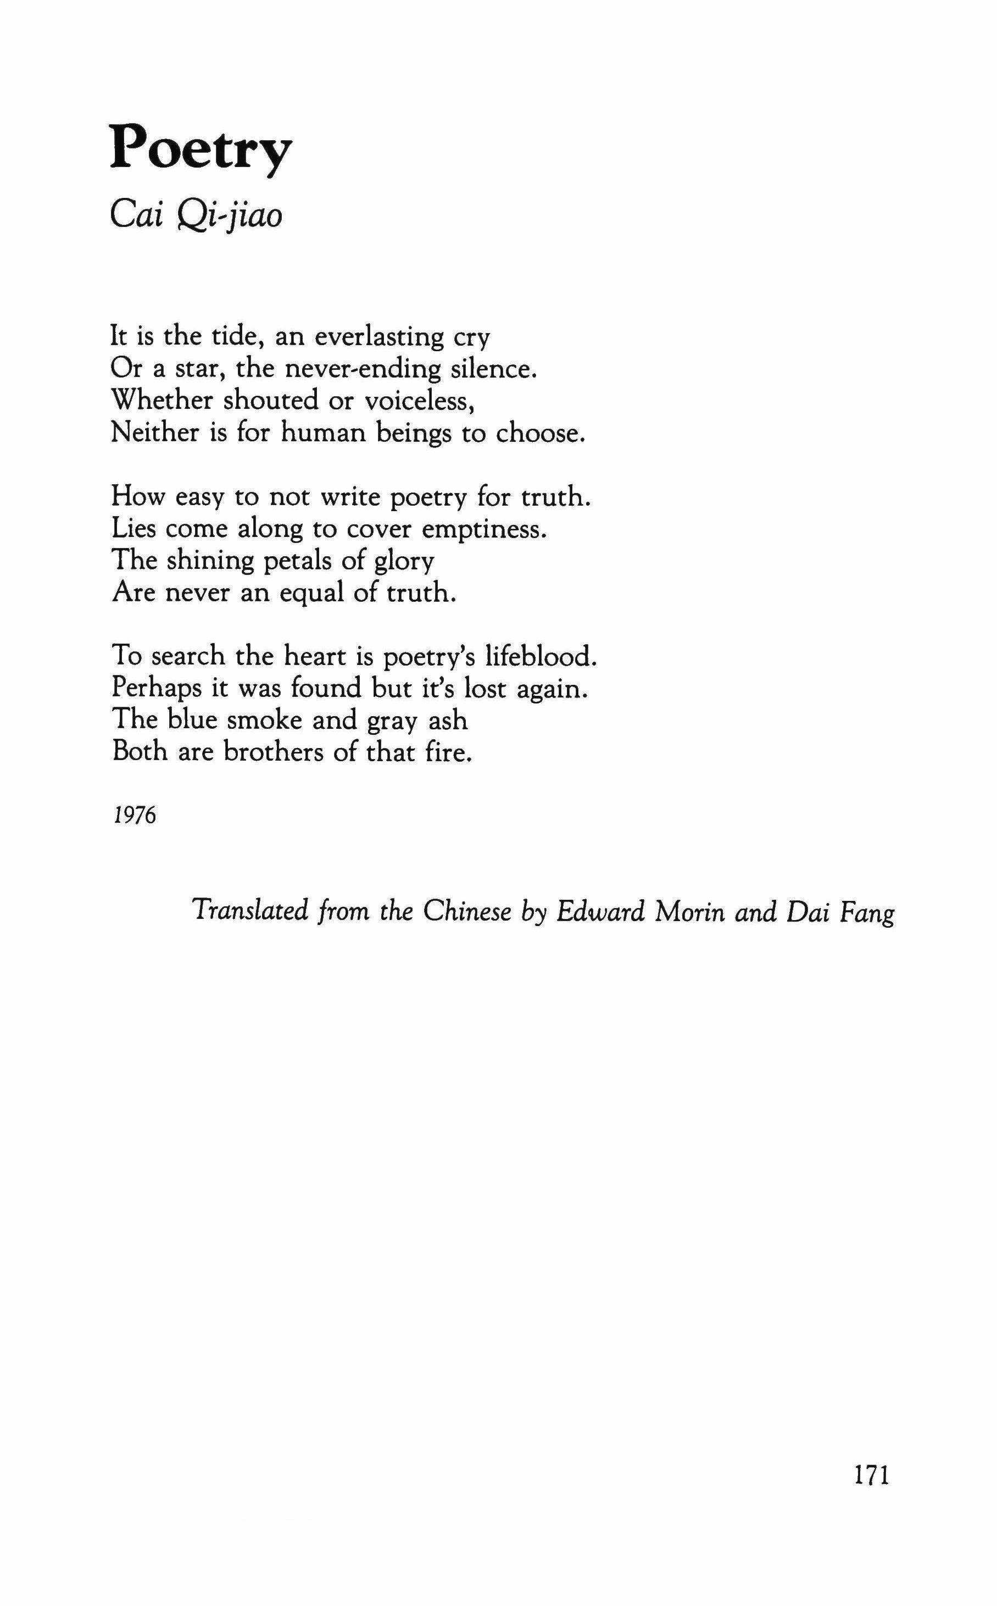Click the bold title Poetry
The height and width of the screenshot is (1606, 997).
(x=200, y=149)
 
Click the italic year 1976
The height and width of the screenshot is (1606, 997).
(x=135, y=815)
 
